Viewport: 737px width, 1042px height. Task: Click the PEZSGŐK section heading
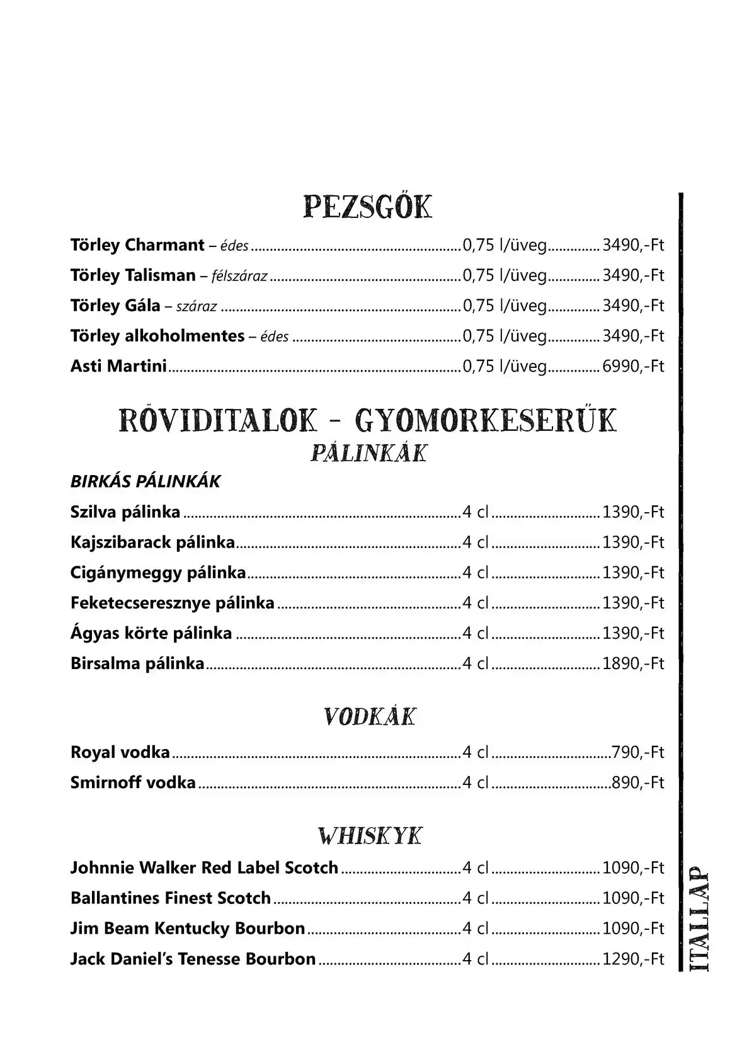click(x=368, y=207)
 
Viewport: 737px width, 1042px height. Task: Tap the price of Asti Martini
click(x=633, y=366)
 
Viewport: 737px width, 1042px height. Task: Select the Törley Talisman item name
click(x=133, y=275)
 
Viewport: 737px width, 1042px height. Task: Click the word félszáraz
click(x=240, y=276)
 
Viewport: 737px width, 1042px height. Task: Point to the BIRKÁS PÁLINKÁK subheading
click(x=146, y=481)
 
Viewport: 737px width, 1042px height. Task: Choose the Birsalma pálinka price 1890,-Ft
click(x=633, y=663)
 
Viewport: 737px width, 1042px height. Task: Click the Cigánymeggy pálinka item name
click(x=158, y=573)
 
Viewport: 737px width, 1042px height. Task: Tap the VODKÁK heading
click(x=369, y=717)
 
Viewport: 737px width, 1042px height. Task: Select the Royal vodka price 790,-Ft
click(x=637, y=752)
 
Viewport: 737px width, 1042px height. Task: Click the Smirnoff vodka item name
click(x=133, y=782)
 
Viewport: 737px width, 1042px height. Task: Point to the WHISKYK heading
click(x=369, y=836)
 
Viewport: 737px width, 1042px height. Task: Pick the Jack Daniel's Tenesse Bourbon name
click(x=193, y=959)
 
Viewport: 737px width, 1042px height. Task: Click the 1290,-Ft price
click(x=633, y=959)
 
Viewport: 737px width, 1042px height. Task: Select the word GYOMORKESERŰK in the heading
click(x=486, y=421)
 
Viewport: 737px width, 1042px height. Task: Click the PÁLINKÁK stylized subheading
click(x=369, y=453)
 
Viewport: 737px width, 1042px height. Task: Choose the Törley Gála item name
click(x=115, y=306)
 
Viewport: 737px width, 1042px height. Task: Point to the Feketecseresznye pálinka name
click(x=173, y=603)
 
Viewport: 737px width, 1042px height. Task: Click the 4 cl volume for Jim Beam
click(x=476, y=929)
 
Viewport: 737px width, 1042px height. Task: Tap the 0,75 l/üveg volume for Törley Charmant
click(x=505, y=245)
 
